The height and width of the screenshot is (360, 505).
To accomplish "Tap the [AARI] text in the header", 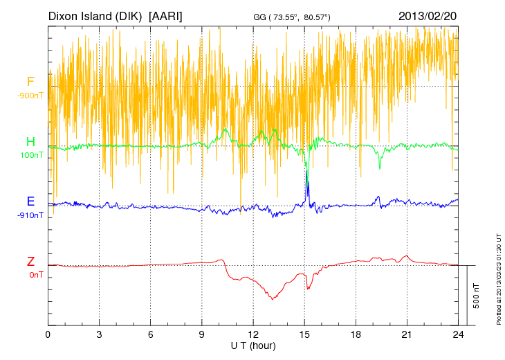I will (x=165, y=15).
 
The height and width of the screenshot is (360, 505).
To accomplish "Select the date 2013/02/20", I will (x=427, y=15).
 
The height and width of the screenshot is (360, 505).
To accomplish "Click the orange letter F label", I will (x=30, y=82).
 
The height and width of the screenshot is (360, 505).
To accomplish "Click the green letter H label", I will (x=30, y=142).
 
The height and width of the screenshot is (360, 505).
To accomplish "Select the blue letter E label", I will (x=30, y=201).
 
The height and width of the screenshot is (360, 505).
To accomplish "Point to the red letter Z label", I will (x=30, y=262).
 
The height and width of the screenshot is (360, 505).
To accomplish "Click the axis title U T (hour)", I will (x=253, y=345).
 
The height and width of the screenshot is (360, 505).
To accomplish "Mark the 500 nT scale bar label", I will (x=476, y=296).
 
